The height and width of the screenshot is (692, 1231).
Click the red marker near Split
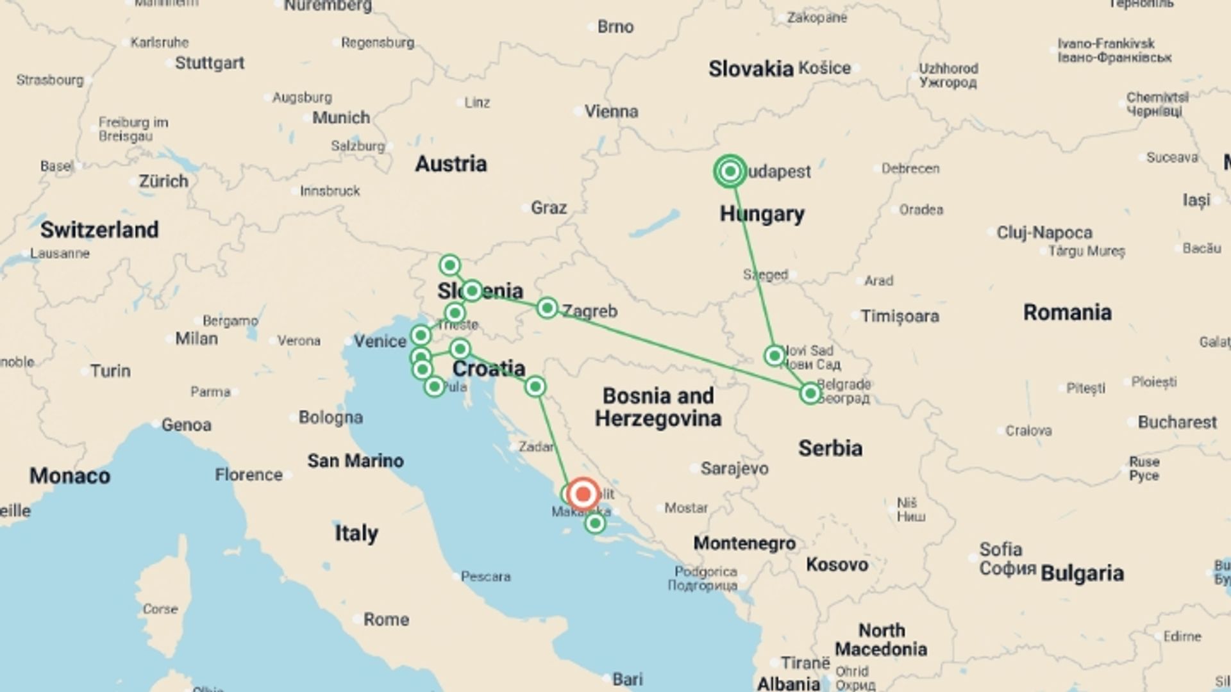click(x=583, y=494)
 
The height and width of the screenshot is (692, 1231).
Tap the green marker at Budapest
click(x=730, y=171)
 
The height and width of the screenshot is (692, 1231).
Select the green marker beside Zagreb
click(x=547, y=308)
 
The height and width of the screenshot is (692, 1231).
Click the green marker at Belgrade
click(x=810, y=393)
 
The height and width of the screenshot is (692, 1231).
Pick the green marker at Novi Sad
click(x=775, y=356)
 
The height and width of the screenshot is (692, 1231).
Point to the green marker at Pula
click(x=434, y=386)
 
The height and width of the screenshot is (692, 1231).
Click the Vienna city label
click(x=611, y=111)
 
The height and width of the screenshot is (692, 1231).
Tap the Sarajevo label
click(x=734, y=469)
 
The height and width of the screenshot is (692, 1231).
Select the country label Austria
click(x=451, y=164)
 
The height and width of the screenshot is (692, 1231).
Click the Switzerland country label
click(x=99, y=229)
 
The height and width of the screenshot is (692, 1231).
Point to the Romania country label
click(x=1067, y=313)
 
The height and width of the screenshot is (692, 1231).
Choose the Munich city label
click(x=341, y=118)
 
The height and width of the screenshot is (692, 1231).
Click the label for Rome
click(x=386, y=620)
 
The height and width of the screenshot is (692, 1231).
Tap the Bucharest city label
click(x=1177, y=422)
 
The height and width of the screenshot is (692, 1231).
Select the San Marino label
click(x=355, y=461)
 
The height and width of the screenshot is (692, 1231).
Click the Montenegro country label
click(x=744, y=543)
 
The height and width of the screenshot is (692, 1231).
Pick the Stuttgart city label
click(x=210, y=63)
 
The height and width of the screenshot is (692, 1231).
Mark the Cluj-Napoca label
click(x=1044, y=233)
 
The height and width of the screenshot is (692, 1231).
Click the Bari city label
click(x=627, y=679)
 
